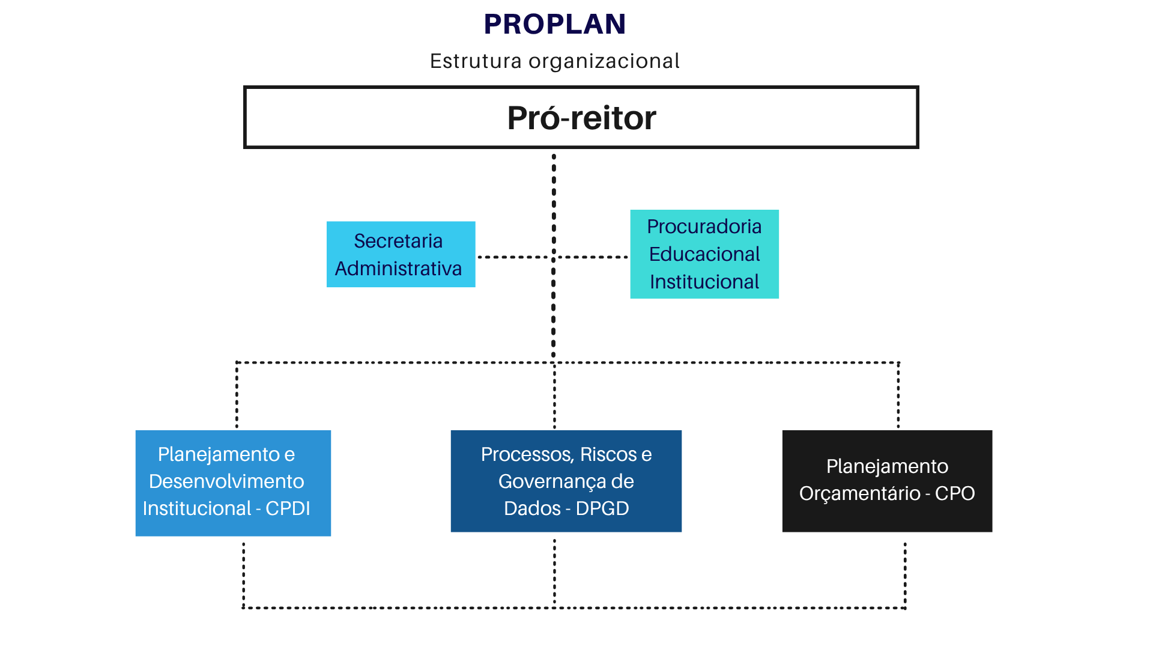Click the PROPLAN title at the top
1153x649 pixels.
(x=555, y=25)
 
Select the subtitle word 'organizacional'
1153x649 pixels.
(x=604, y=61)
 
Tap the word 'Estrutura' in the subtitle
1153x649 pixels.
(x=476, y=61)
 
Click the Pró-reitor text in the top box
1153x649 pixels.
(x=581, y=118)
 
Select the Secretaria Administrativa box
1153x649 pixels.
(x=401, y=254)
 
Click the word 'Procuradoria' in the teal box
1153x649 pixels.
(x=704, y=227)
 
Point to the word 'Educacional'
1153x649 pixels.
(x=704, y=254)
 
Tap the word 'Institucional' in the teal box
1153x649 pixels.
(x=704, y=282)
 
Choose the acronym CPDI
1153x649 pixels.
(x=288, y=508)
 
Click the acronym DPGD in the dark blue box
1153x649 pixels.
(x=602, y=508)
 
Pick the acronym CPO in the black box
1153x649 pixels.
(x=954, y=493)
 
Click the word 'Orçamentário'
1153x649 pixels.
(x=859, y=493)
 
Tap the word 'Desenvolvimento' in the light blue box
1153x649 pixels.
(x=226, y=481)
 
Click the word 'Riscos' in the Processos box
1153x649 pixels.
(x=608, y=454)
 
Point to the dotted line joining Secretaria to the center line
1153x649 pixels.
(x=513, y=257)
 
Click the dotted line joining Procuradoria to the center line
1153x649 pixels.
(x=593, y=257)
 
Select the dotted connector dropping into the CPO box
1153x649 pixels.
(x=898, y=397)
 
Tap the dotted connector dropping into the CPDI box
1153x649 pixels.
(x=237, y=397)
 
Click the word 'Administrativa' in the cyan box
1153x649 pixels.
(x=398, y=269)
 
